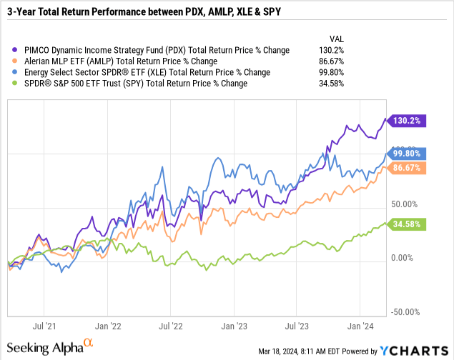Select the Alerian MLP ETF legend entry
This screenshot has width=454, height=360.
(128, 61)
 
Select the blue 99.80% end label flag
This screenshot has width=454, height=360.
(410, 154)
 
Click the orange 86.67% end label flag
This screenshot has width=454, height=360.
(410, 169)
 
